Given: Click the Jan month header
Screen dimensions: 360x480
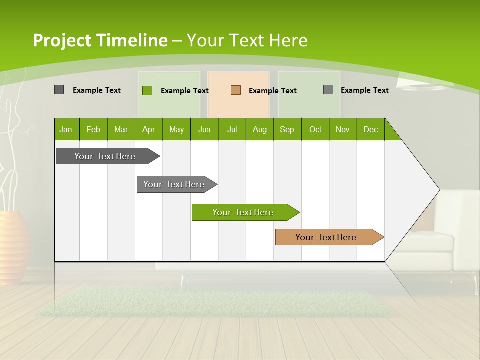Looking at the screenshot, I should pyautogui.click(x=66, y=129).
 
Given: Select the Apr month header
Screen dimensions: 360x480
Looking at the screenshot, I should pyautogui.click(x=149, y=129).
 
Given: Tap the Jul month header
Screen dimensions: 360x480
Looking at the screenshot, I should pyautogui.click(x=232, y=129).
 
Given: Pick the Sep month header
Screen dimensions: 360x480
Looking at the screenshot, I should pyautogui.click(x=287, y=129).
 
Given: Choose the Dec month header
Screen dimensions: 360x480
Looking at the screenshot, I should pyautogui.click(x=370, y=129).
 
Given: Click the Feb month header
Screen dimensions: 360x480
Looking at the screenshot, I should pyautogui.click(x=93, y=129).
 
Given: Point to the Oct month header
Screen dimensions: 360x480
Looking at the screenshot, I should pyautogui.click(x=315, y=129).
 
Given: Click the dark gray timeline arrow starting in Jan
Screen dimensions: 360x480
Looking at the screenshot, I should pyautogui.click(x=105, y=156).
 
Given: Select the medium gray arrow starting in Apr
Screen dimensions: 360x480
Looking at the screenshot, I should pyautogui.click(x=174, y=184).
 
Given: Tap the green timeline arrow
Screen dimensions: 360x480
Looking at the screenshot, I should pyautogui.click(x=243, y=212).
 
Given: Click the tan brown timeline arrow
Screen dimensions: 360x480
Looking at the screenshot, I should pyautogui.click(x=326, y=237).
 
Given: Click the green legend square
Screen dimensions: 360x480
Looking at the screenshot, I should pyautogui.click(x=147, y=90).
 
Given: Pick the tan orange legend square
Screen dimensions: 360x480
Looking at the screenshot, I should pyautogui.click(x=236, y=90).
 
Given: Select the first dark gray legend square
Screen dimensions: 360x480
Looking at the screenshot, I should pyautogui.click(x=59, y=90).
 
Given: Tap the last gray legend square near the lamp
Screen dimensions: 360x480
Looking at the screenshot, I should pyautogui.click(x=328, y=90).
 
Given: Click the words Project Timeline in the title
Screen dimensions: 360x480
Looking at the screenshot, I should pyautogui.click(x=100, y=40).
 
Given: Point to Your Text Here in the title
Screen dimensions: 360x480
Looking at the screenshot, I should pyautogui.click(x=247, y=40).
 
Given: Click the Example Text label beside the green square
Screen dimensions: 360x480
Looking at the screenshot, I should pyautogui.click(x=184, y=90).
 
